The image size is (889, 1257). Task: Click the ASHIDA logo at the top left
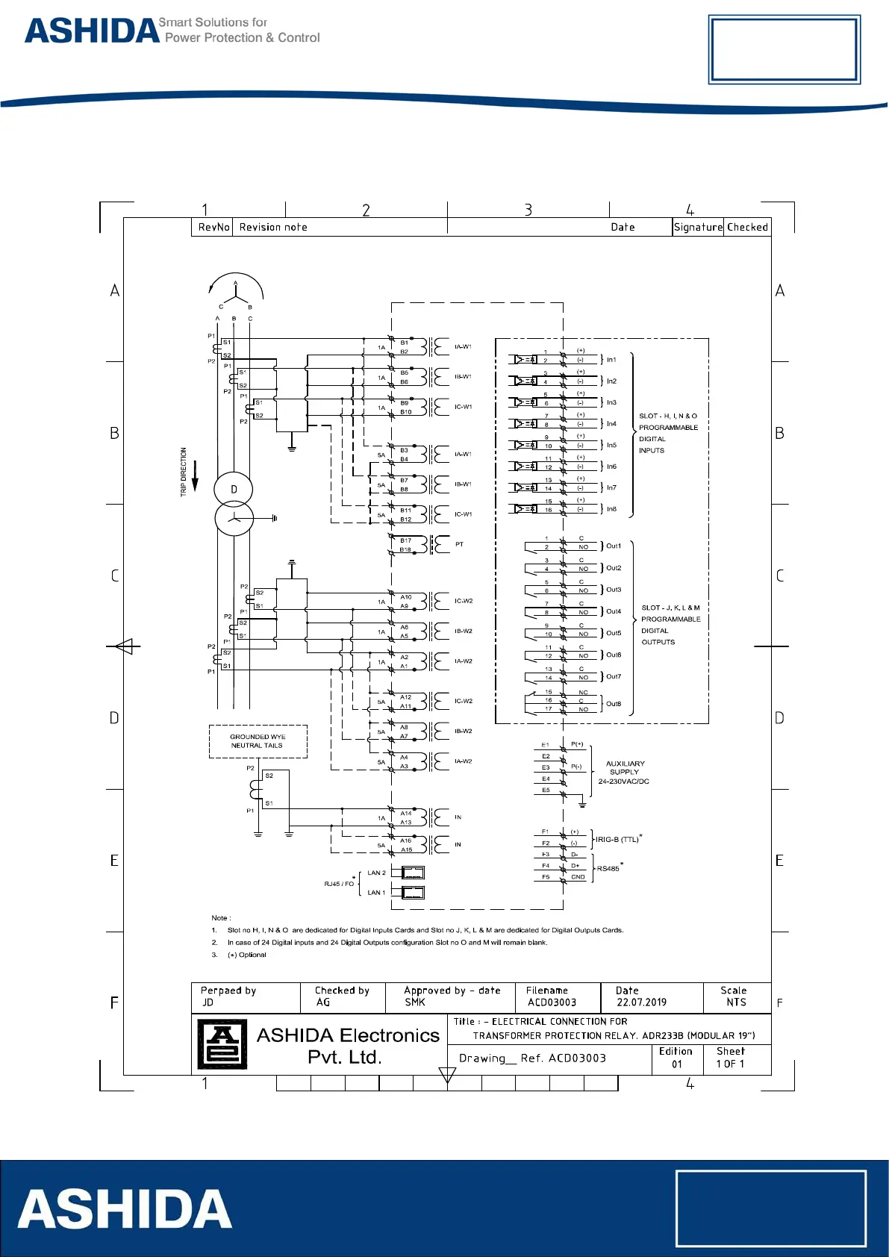(x=92, y=31)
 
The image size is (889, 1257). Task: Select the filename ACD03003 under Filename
(x=552, y=1002)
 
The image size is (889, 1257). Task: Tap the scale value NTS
(x=736, y=1002)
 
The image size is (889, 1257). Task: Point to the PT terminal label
(x=459, y=544)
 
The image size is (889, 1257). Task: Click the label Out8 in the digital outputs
(x=614, y=704)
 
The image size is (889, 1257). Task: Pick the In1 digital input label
(x=611, y=360)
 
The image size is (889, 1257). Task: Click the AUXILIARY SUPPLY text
(x=625, y=768)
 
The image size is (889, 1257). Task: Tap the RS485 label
(x=608, y=869)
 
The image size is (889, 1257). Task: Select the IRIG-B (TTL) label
(x=617, y=840)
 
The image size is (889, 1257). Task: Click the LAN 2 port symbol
(x=413, y=873)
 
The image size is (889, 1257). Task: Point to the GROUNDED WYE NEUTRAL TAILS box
(x=258, y=741)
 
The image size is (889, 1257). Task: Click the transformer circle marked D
(x=234, y=490)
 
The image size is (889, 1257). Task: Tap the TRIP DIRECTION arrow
(x=196, y=475)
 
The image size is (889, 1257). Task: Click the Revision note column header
(x=273, y=227)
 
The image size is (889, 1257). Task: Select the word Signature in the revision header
(x=698, y=227)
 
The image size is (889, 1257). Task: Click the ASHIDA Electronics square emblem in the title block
(x=222, y=1044)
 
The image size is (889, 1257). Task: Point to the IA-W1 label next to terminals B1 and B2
(x=463, y=346)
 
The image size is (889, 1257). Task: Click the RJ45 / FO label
(x=339, y=884)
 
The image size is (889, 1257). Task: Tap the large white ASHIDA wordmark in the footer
(x=125, y=1209)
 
